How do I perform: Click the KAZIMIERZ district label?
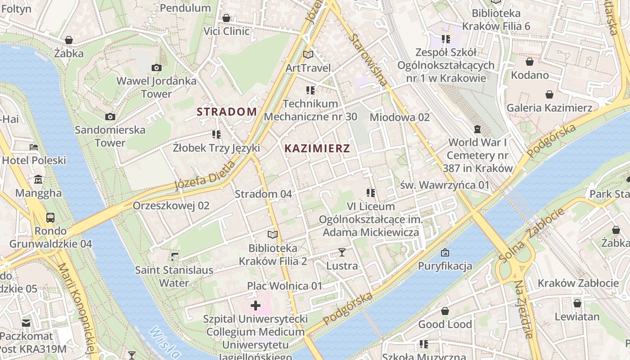(x=317, y=148)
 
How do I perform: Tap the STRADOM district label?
(x=227, y=112)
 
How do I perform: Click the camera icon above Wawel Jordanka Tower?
(x=156, y=68)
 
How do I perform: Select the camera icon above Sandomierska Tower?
(x=110, y=117)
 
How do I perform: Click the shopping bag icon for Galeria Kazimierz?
(x=549, y=94)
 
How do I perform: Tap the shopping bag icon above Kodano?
(x=530, y=62)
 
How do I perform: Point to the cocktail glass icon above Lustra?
(x=342, y=252)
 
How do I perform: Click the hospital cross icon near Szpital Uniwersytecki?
(x=256, y=306)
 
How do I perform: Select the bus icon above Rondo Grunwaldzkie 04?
(x=50, y=218)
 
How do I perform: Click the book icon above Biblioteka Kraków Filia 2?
(x=272, y=234)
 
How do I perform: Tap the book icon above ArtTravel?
(x=308, y=55)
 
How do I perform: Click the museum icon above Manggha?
(x=38, y=180)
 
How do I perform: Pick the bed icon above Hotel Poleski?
(x=34, y=147)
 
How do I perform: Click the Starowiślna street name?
(x=368, y=60)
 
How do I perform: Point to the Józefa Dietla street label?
(x=205, y=175)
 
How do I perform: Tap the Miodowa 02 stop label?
(x=400, y=117)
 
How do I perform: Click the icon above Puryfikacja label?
(x=445, y=252)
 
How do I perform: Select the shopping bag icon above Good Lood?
(x=445, y=311)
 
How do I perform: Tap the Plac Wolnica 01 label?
(x=284, y=286)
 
